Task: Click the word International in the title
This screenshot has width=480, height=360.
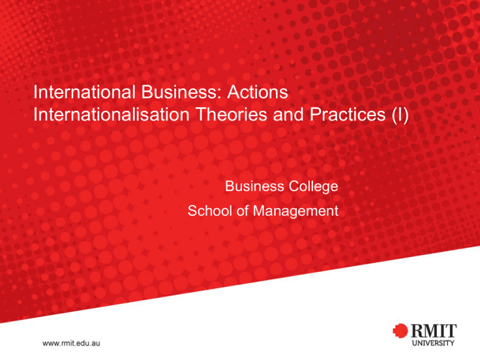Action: [84, 92]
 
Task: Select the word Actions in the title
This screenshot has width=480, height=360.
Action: [257, 92]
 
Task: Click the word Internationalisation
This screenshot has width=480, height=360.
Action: [111, 114]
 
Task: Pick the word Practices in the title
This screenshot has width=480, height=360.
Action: [347, 114]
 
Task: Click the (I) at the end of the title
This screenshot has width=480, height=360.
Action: [400, 115]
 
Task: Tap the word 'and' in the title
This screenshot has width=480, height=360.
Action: [289, 114]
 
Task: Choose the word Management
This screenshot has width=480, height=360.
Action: [296, 211]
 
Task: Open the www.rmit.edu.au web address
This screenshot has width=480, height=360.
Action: [71, 343]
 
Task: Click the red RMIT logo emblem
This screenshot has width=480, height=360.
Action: [400, 331]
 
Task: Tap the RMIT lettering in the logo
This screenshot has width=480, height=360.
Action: [433, 331]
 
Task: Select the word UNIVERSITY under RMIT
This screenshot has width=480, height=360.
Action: [433, 343]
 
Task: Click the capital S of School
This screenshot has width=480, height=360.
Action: [192, 211]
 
